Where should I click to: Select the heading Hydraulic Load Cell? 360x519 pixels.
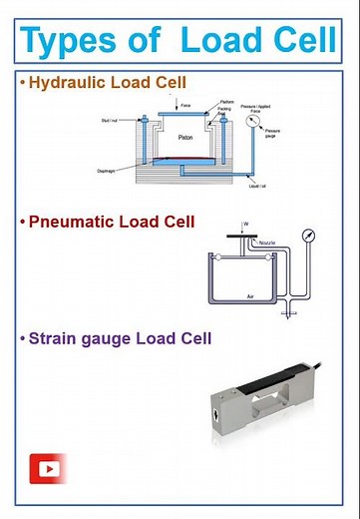click(95, 82)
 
